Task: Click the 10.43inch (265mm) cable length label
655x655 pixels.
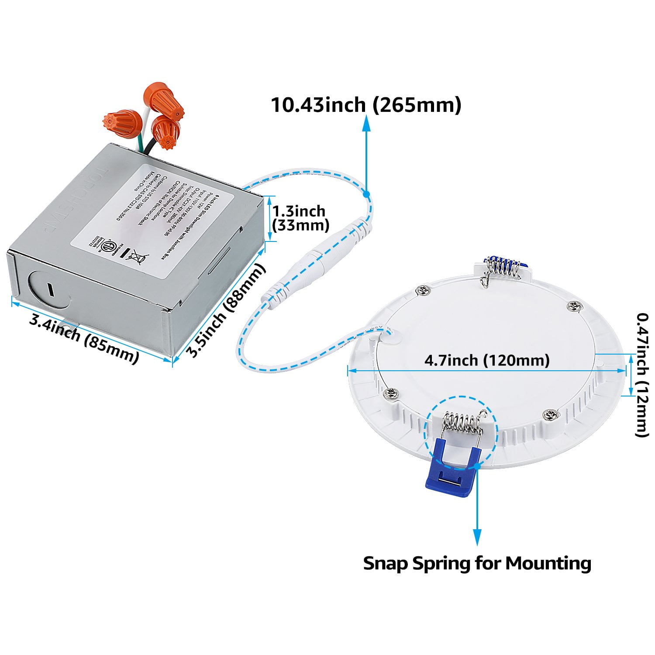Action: pyautogui.click(x=366, y=105)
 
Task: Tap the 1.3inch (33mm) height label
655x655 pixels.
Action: pyautogui.click(x=300, y=218)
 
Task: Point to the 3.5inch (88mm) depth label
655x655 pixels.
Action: pyautogui.click(x=226, y=311)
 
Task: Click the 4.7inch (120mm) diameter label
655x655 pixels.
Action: pyautogui.click(x=487, y=360)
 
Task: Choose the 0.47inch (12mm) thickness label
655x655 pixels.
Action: pyautogui.click(x=642, y=374)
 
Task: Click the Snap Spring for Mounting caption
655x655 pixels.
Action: pyautogui.click(x=477, y=563)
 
